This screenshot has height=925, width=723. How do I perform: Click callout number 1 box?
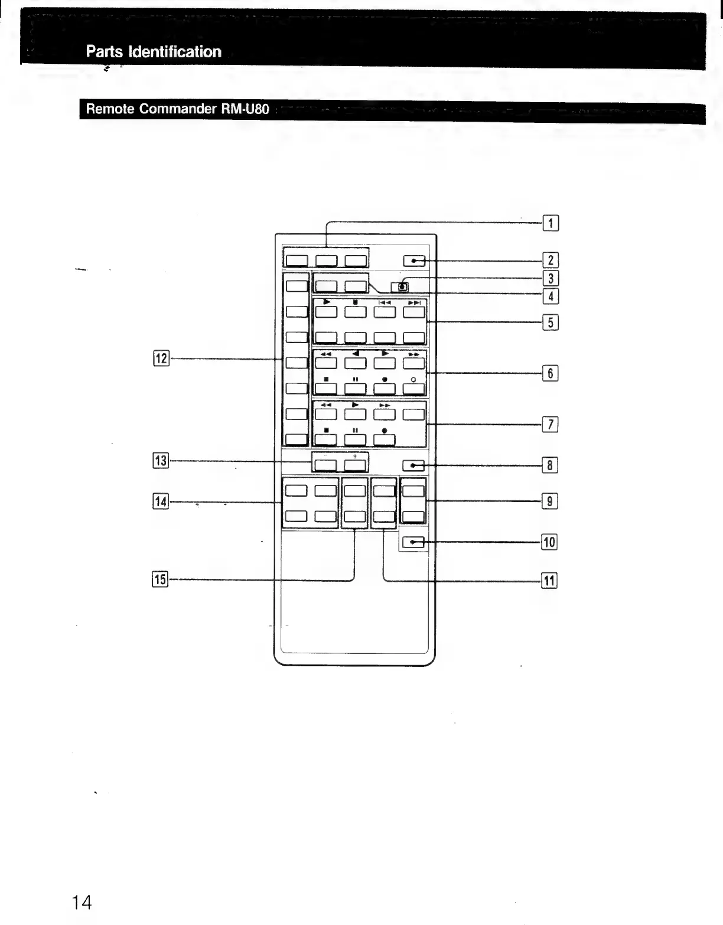click(550, 223)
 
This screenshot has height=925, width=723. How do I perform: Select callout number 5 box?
click(550, 323)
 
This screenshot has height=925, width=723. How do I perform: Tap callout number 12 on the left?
click(161, 359)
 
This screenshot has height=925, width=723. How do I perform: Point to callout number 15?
click(160, 579)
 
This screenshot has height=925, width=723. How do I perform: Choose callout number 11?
click(549, 581)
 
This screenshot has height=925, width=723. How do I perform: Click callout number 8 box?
click(549, 465)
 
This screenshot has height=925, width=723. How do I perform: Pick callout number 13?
click(161, 461)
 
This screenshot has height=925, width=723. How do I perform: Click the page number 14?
click(82, 902)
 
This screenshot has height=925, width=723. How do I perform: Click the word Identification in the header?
click(181, 52)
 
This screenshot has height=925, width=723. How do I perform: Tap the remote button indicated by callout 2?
click(413, 260)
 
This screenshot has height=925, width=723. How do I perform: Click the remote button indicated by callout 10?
click(413, 542)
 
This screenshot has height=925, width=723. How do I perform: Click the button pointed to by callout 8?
click(413, 466)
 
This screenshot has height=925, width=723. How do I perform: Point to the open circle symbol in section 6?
click(414, 379)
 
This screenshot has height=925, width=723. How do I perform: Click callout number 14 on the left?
click(161, 502)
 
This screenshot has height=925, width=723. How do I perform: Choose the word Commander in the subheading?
click(178, 109)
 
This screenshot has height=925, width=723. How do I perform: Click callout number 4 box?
click(550, 296)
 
